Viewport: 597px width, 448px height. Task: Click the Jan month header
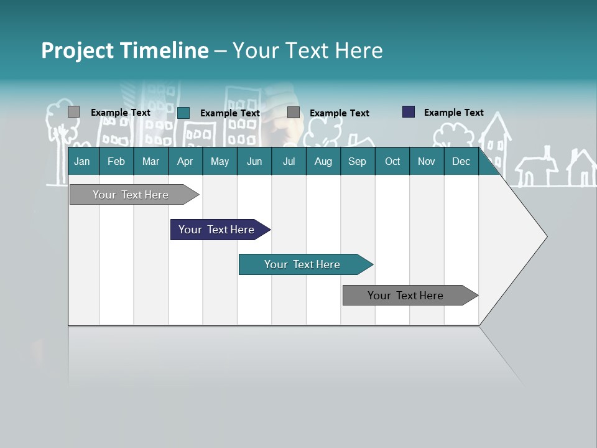[x=82, y=162]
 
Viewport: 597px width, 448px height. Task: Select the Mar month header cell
[x=150, y=162]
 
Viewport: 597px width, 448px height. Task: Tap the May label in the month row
[x=220, y=162]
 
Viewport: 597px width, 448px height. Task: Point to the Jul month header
[x=289, y=162]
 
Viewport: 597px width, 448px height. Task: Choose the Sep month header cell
[x=357, y=162]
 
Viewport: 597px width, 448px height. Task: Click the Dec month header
[x=461, y=162]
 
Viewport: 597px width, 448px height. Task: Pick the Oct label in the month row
[x=392, y=162]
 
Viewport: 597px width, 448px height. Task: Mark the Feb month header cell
[x=116, y=162]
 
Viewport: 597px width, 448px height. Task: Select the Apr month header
[x=185, y=162]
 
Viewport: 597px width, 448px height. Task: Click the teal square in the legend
[x=183, y=113]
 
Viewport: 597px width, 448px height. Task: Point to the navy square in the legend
[x=409, y=112]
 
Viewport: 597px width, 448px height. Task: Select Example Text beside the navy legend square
[x=453, y=113]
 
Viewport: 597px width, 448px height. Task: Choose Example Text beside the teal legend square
[x=229, y=113]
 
